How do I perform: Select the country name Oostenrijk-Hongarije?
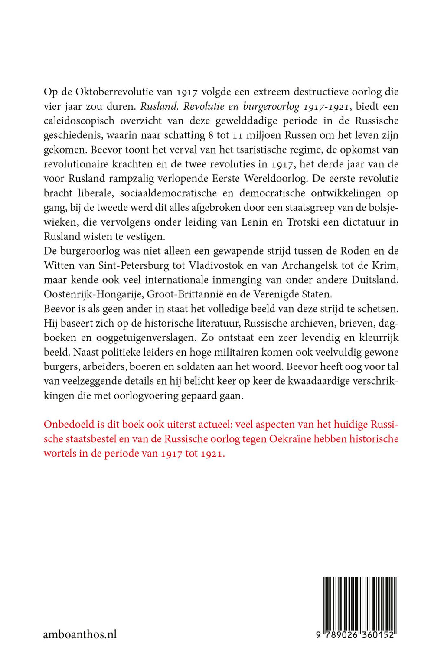coord(93,294)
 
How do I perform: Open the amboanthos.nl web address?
coord(80,634)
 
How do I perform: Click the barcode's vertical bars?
coord(360,603)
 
